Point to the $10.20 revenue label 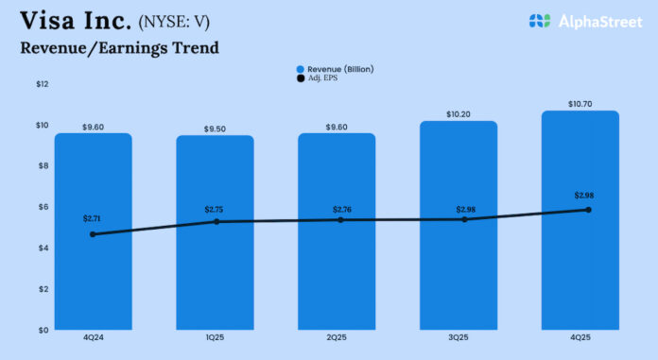tap(459, 113)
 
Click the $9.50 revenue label tap(215, 129)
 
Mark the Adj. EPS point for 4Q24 tap(93, 234)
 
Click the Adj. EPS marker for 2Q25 tap(337, 220)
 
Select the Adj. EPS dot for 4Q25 tap(588, 210)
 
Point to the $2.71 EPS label tap(94, 218)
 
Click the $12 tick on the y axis tap(43, 84)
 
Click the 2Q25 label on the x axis tap(337, 338)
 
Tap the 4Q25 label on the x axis tap(580, 338)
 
